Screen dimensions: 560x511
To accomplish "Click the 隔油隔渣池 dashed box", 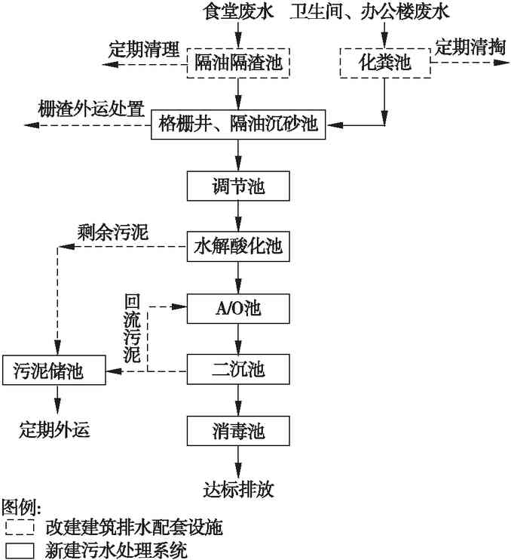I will [x=238, y=62].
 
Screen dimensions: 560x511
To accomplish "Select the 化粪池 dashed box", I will [x=386, y=62].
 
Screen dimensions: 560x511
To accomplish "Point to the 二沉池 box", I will [x=238, y=371].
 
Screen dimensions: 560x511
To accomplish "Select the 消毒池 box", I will [x=238, y=432].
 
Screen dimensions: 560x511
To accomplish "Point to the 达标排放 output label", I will [x=238, y=489].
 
